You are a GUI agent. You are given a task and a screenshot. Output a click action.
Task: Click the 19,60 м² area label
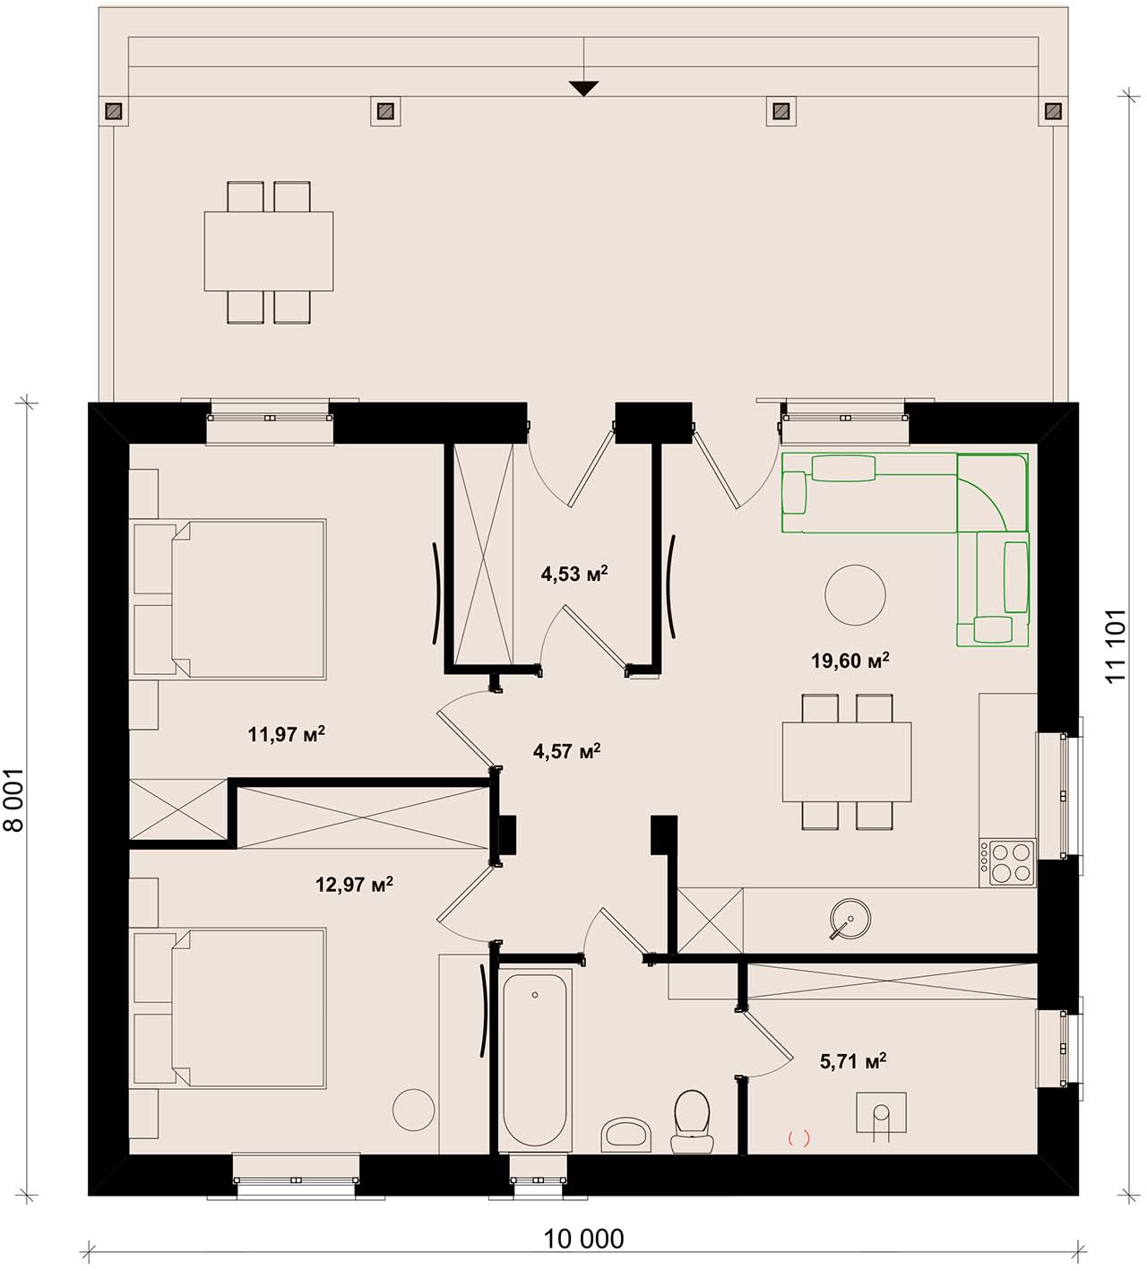(x=849, y=661)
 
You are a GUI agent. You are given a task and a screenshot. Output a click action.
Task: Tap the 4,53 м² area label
(x=574, y=574)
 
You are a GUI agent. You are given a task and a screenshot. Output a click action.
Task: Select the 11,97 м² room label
(x=287, y=734)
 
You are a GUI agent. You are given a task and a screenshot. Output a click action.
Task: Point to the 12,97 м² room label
(x=354, y=884)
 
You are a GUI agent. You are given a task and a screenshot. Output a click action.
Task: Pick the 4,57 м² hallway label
(x=567, y=751)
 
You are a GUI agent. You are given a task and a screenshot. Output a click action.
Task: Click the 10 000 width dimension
(x=583, y=1238)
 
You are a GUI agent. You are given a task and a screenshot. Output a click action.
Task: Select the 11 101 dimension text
(x=1117, y=645)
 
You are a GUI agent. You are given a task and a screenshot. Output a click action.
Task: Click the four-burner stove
(x=1007, y=863)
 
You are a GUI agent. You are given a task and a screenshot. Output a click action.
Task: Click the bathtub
(x=535, y=1059)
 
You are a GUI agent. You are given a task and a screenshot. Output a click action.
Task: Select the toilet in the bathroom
(x=692, y=1121)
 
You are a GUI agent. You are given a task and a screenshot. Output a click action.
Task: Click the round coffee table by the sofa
(x=855, y=595)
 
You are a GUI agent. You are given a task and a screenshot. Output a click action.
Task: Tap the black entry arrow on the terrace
(x=583, y=89)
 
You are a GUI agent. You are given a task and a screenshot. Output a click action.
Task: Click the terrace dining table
(x=269, y=251)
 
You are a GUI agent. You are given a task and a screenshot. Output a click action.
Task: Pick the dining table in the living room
(x=848, y=762)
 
